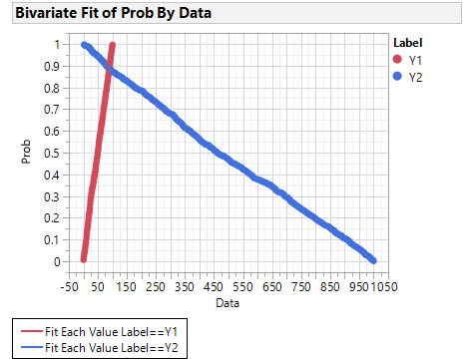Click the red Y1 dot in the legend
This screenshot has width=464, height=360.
click(x=399, y=60)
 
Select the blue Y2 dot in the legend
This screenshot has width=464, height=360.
click(x=399, y=77)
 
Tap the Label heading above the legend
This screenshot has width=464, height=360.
click(x=408, y=43)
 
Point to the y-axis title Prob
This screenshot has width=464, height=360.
click(x=27, y=153)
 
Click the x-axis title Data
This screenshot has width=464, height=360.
click(x=227, y=301)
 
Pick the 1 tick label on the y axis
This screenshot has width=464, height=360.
click(x=57, y=44)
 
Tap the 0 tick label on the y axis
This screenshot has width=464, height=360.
click(x=57, y=261)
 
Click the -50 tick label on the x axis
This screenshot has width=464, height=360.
click(x=70, y=287)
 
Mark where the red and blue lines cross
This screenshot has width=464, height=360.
click(x=109, y=70)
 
